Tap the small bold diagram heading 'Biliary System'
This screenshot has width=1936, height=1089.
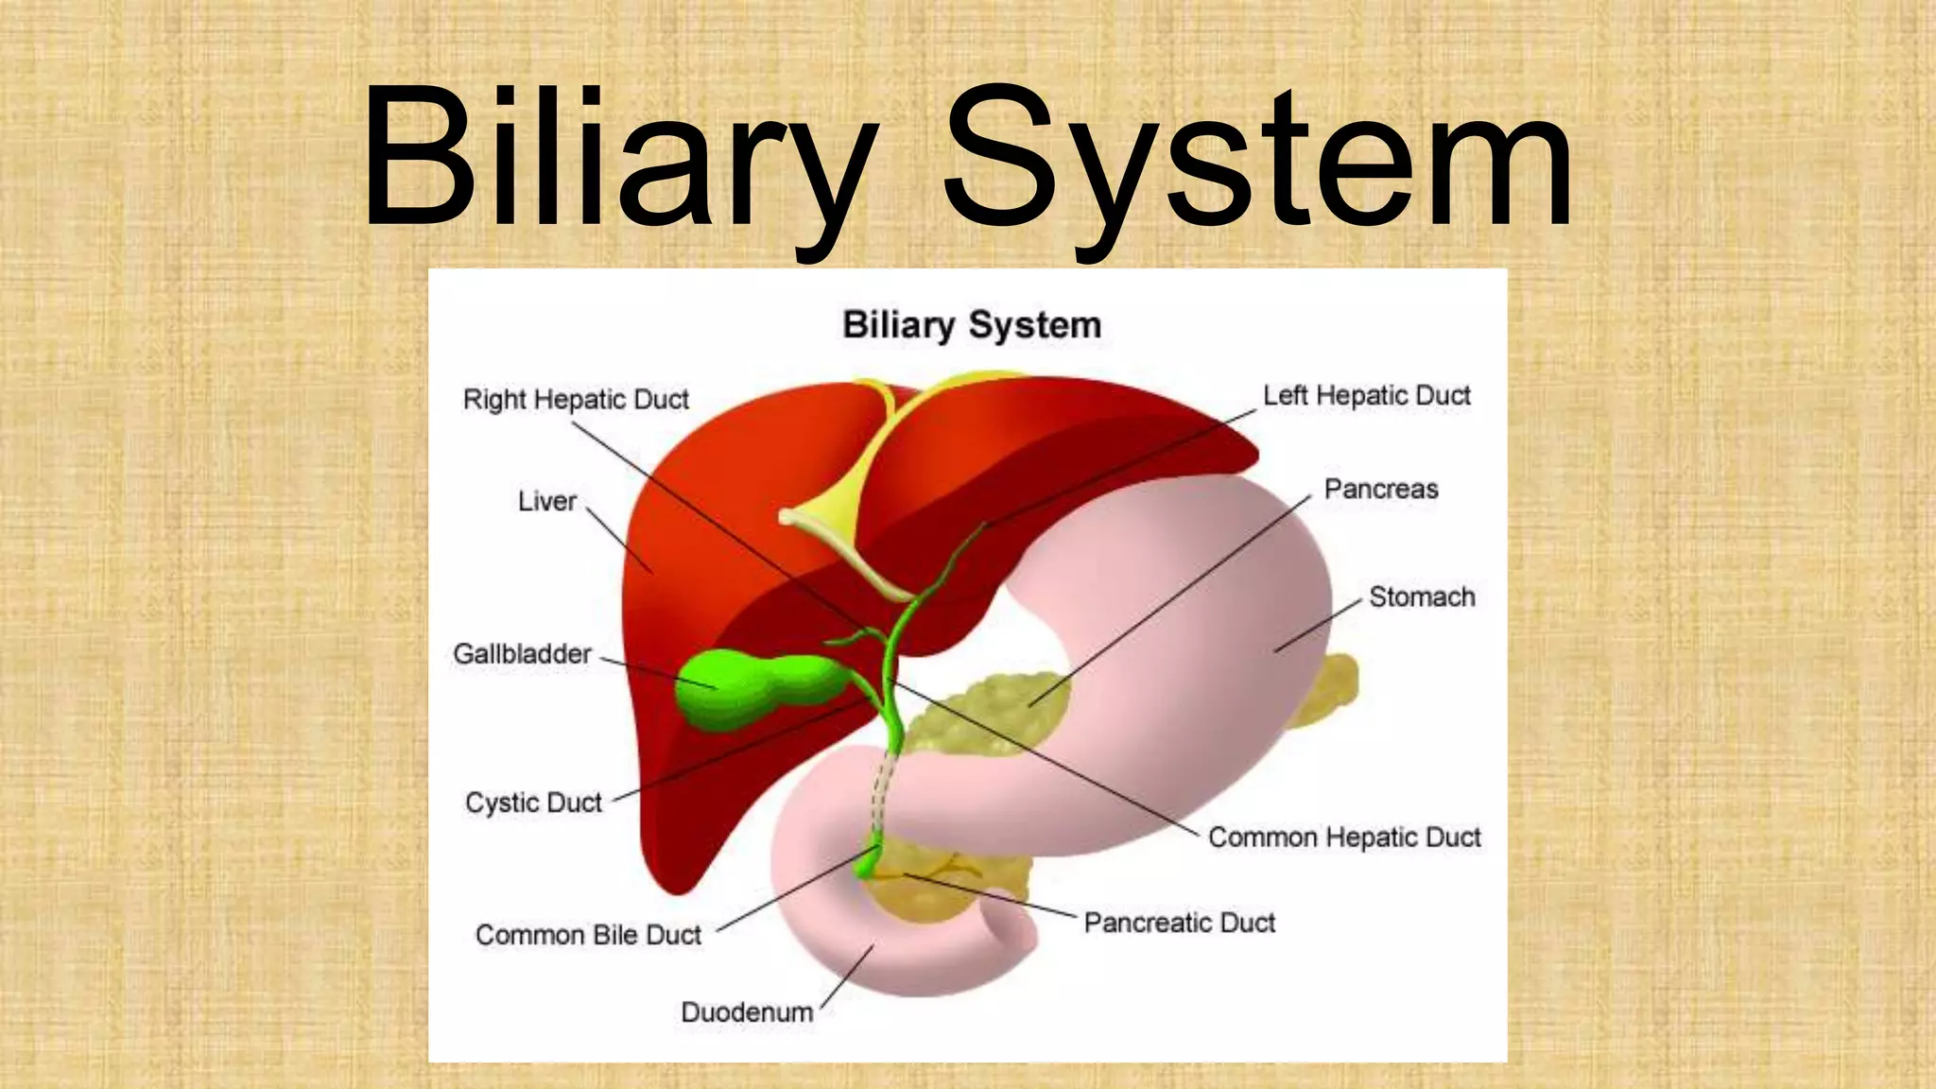[x=972, y=325]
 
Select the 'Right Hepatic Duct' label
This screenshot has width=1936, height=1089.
[x=576, y=400]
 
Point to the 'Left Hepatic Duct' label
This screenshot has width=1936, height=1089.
[x=1366, y=395]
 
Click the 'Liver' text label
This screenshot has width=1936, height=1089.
[x=546, y=501]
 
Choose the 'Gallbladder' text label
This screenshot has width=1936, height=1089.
[x=522, y=653]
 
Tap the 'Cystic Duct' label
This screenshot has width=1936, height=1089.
[x=533, y=803]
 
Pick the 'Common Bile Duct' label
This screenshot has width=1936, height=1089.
[x=588, y=935]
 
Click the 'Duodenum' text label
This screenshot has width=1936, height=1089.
[x=747, y=1012]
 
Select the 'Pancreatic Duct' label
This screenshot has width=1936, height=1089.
[x=1179, y=922]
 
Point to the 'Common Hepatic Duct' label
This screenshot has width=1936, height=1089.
[x=1344, y=837]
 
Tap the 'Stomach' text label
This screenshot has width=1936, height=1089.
[x=1422, y=596]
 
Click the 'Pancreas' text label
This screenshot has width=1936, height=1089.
[x=1380, y=489]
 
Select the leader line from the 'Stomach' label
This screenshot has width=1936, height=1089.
[x=1319, y=625]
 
